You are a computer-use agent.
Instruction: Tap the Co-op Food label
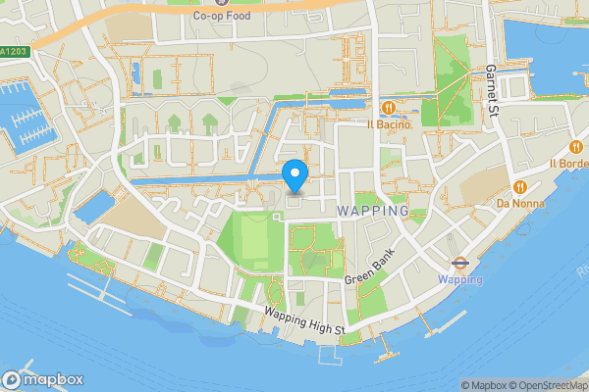221,16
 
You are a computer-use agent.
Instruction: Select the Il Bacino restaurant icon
390,107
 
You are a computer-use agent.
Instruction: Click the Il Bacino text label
390,124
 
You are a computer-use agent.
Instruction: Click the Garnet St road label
493,85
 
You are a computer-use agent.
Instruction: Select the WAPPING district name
372,211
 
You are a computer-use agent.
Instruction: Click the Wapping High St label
304,320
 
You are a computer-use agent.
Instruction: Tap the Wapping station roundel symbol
459,262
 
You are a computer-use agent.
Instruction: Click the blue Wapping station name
459,279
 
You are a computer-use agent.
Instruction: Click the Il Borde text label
568,163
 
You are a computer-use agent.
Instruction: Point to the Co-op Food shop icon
207,3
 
